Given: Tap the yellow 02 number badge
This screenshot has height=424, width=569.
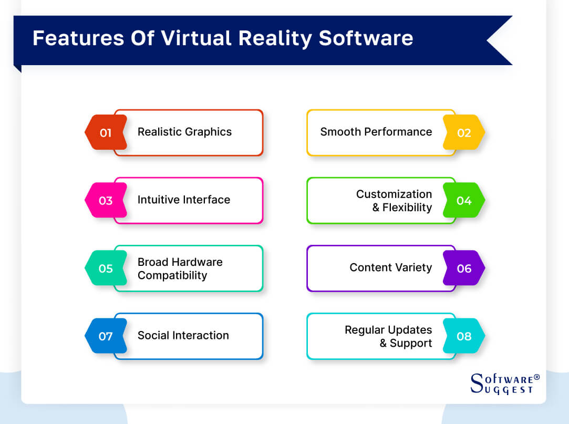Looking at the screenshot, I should [463, 132].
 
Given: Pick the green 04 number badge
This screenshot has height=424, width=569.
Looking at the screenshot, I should [463, 200].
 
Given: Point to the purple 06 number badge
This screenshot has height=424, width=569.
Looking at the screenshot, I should [463, 268].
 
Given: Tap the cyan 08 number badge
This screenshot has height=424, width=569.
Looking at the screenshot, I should [463, 336].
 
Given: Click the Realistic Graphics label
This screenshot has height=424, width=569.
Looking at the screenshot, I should [184, 132].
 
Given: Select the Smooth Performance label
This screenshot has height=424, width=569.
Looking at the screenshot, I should [376, 132].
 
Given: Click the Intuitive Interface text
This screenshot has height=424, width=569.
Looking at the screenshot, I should [183, 200].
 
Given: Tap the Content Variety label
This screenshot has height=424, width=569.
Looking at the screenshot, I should [390, 267].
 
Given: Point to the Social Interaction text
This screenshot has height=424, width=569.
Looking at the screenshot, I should [183, 335].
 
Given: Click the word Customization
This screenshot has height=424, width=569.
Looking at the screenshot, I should [394, 194].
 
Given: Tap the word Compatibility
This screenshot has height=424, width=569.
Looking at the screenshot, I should [172, 275].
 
